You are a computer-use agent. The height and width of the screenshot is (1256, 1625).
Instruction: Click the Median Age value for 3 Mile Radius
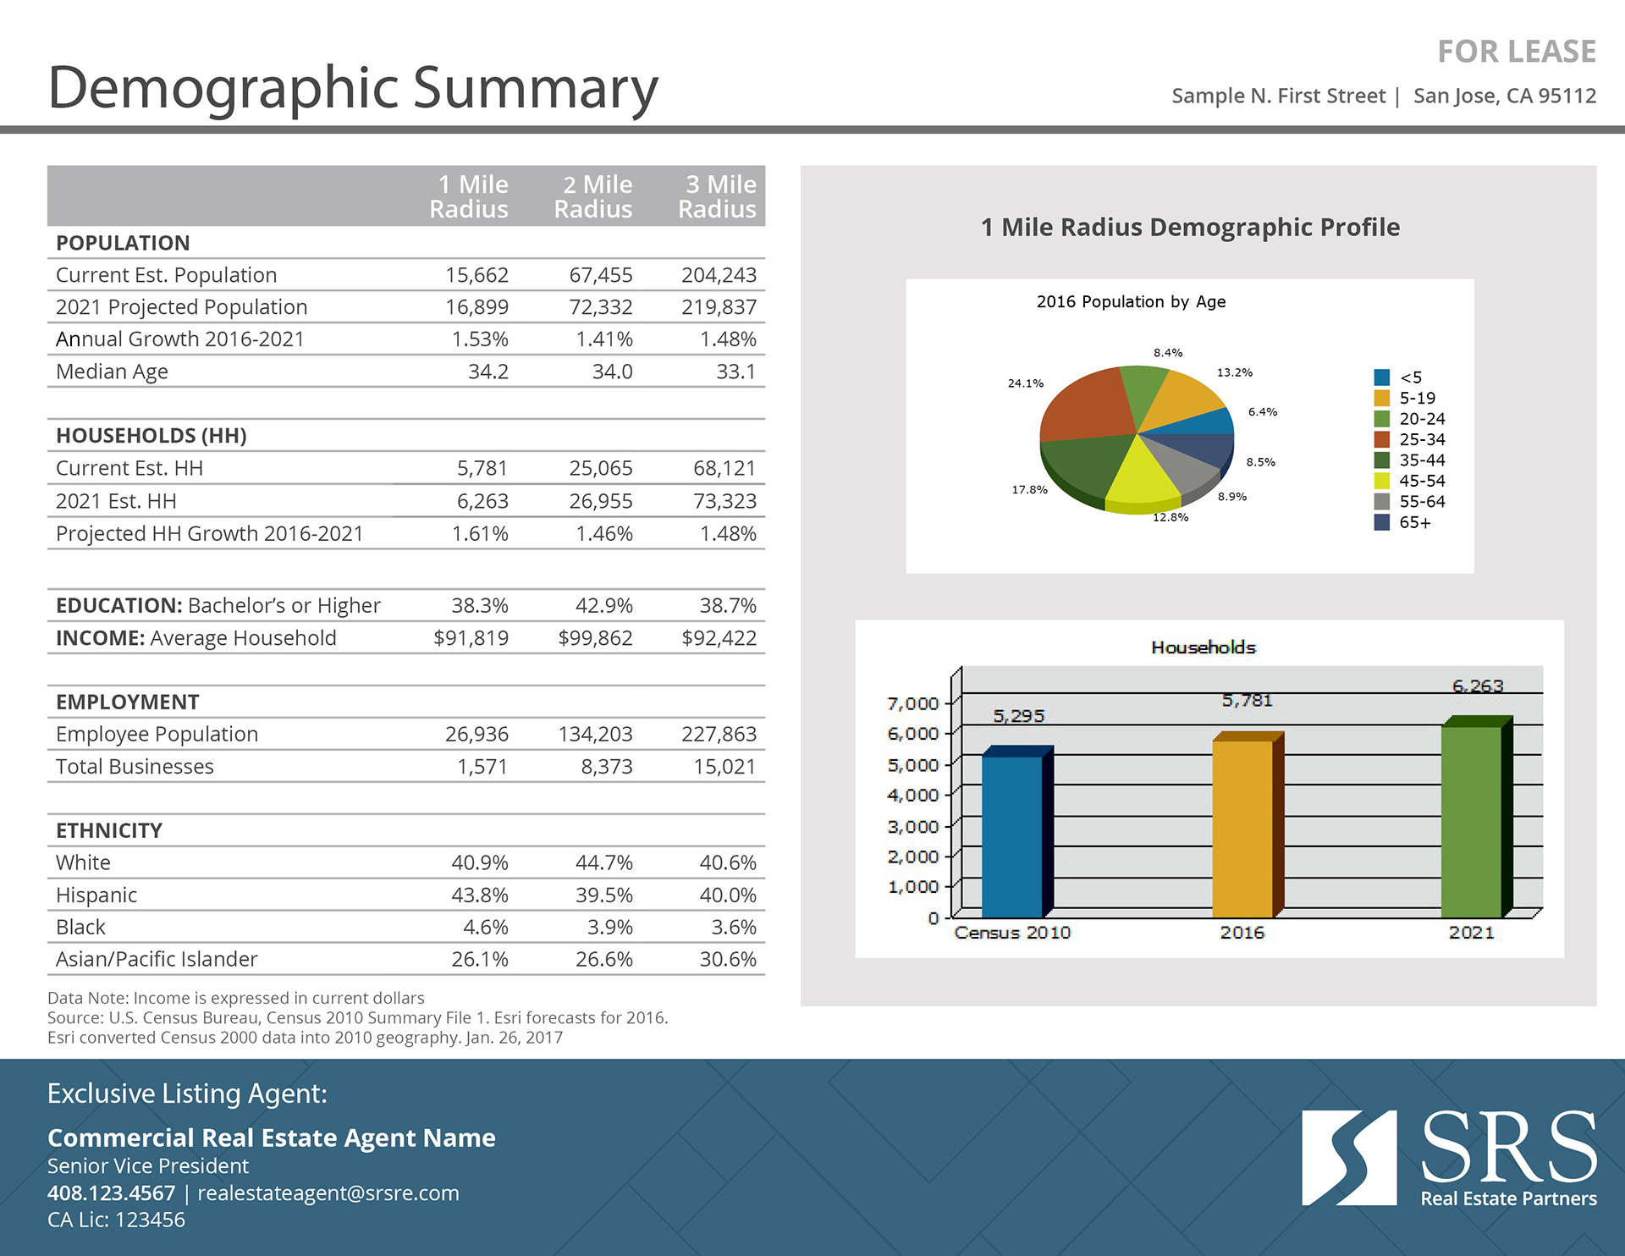(x=735, y=372)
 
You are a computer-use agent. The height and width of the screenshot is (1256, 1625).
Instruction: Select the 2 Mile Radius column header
(x=593, y=196)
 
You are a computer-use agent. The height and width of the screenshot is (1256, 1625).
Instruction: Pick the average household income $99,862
(x=595, y=638)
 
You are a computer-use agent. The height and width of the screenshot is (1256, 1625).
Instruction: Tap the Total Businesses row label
(x=135, y=767)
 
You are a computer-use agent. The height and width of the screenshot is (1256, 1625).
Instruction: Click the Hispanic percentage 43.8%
(x=479, y=895)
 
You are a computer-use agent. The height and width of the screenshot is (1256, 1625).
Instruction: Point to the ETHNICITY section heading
(x=109, y=830)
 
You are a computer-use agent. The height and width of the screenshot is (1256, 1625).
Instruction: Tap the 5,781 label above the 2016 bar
(x=1247, y=701)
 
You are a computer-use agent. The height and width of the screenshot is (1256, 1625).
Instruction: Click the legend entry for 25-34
(x=1422, y=439)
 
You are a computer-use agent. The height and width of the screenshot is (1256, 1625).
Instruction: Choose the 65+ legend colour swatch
(x=1382, y=522)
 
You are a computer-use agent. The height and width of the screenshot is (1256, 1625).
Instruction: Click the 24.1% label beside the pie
(x=1025, y=383)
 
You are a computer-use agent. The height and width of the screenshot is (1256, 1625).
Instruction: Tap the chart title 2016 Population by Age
(x=1131, y=302)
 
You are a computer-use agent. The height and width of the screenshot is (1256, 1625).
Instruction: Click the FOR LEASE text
(x=1516, y=52)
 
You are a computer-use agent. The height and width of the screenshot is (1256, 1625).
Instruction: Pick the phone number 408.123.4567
(x=111, y=1193)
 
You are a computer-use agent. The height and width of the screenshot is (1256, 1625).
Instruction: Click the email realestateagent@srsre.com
(x=328, y=1193)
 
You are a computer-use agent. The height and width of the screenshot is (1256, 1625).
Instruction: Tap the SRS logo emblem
(x=1348, y=1158)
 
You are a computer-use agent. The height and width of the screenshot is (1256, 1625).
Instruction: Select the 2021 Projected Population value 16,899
(x=476, y=307)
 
